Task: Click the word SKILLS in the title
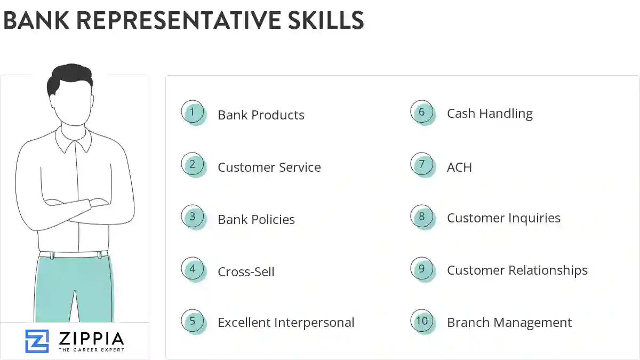[x=319, y=20]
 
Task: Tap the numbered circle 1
[x=193, y=113]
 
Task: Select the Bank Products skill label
[x=261, y=115]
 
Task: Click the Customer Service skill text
[x=269, y=167]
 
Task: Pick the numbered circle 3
[x=193, y=217]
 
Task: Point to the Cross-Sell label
[x=246, y=272]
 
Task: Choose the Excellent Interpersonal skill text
[x=286, y=323]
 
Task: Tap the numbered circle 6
[x=422, y=112]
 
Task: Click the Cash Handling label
[x=490, y=114]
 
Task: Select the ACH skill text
[x=459, y=167]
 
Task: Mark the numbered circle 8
[x=422, y=217]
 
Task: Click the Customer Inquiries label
[x=503, y=218]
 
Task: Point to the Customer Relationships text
[x=517, y=270]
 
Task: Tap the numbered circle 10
[x=422, y=321]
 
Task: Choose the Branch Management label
[x=509, y=323]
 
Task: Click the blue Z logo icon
[x=37, y=341]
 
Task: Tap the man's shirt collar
[x=74, y=137]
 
